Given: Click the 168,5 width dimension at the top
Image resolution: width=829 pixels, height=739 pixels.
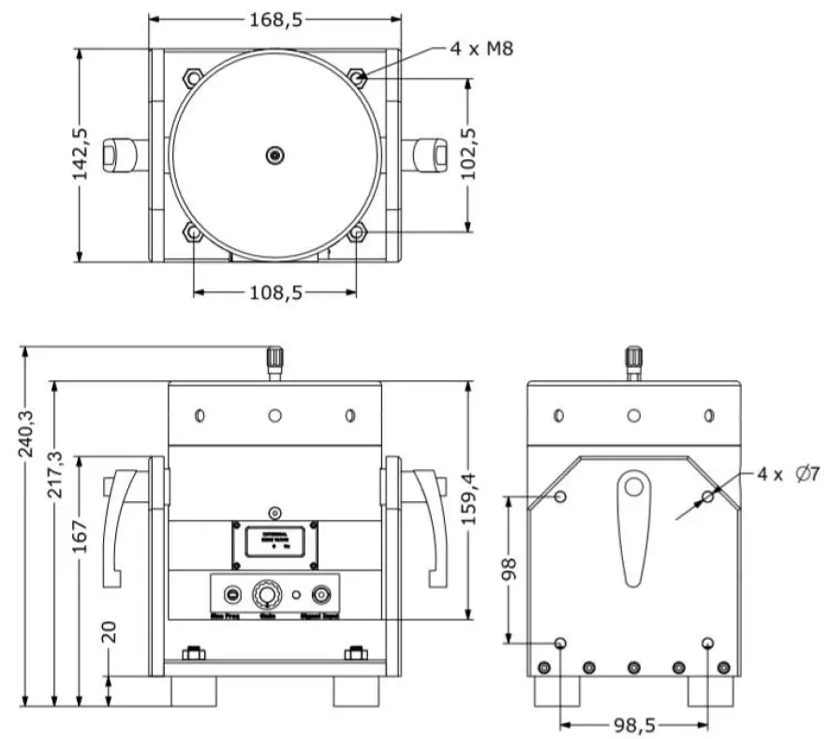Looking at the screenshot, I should click(x=274, y=19).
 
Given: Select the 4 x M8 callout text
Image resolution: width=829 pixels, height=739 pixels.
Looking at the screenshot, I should click(x=481, y=48).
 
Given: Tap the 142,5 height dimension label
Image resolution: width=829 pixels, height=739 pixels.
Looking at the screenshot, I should click(x=81, y=154).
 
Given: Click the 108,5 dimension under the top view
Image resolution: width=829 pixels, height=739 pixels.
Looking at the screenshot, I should click(x=274, y=293).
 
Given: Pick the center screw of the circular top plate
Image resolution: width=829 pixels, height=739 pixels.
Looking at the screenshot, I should click(x=274, y=154).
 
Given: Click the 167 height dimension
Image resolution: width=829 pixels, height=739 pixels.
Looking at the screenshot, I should click(x=81, y=539).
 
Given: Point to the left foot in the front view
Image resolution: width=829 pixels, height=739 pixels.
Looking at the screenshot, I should click(x=193, y=691).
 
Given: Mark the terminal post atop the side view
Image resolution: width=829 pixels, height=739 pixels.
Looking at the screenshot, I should click(x=634, y=361).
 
